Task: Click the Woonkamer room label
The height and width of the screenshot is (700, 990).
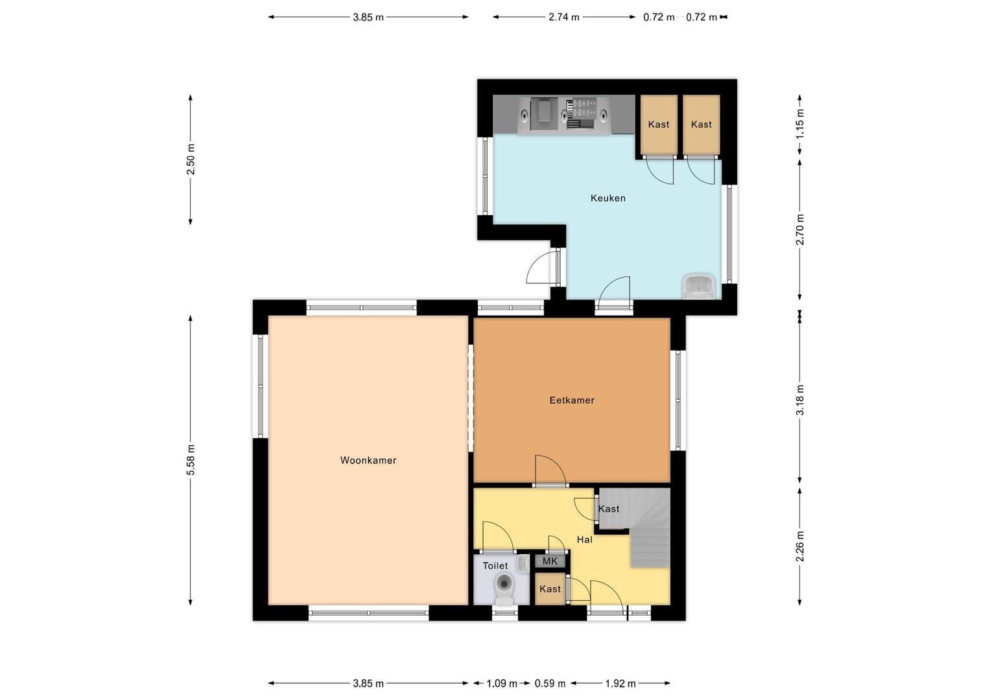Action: (368, 460)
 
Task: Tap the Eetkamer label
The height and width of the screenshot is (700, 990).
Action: (572, 401)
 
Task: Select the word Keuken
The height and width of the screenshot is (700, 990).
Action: (608, 198)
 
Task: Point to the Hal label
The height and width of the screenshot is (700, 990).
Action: (584, 539)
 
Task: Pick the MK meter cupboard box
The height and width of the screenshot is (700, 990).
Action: (550, 561)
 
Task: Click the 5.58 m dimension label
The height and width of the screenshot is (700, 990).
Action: (191, 460)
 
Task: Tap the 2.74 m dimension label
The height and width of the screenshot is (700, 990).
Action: (564, 17)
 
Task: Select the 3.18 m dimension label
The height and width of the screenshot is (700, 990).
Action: (800, 400)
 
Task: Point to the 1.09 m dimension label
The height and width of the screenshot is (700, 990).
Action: (502, 684)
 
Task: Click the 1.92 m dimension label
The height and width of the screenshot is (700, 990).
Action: (620, 684)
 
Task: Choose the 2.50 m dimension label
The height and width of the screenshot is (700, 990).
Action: (191, 159)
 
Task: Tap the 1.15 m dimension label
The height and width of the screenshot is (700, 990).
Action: (800, 124)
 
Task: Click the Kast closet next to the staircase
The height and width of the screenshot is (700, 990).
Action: (609, 509)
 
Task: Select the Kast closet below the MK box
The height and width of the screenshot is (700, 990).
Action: (550, 589)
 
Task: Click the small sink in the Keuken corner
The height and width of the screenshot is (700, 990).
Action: (699, 286)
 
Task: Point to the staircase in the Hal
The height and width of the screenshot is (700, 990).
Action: (649, 528)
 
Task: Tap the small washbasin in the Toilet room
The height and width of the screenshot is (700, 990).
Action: (523, 564)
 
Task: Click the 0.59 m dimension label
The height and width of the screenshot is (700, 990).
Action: (550, 684)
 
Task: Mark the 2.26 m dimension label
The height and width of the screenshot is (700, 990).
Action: (800, 546)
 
